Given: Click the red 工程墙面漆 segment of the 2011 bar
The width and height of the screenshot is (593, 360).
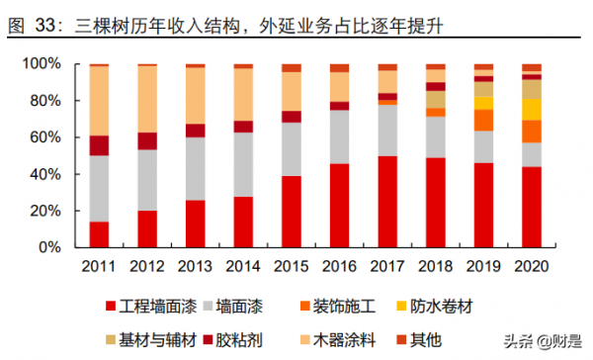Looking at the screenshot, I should tap(99, 234).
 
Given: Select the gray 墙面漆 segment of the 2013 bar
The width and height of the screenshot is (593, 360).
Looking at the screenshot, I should tap(195, 169).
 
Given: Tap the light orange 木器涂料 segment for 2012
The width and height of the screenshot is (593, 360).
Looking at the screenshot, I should tap(147, 99).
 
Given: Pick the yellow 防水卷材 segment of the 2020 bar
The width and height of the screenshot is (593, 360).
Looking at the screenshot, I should tap(532, 109).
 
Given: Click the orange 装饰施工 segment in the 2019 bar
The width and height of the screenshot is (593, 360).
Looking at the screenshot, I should tap(483, 120).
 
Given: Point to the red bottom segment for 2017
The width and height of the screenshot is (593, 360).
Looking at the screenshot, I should tap(387, 202).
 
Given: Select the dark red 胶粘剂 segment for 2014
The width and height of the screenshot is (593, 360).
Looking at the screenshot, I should tap(243, 127).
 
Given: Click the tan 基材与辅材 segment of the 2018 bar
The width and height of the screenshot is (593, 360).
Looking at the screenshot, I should tap(436, 99).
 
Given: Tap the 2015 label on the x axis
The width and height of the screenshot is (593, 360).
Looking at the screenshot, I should tap(292, 265).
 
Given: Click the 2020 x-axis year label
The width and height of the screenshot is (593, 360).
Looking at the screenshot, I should tap(532, 265).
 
